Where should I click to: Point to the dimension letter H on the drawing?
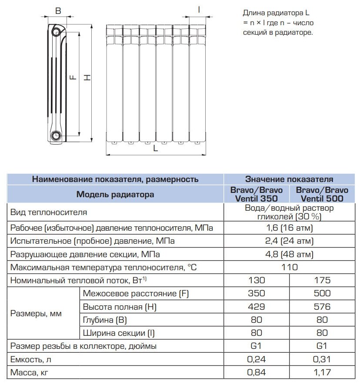87,77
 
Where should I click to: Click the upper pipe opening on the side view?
57,31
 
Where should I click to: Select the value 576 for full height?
322,307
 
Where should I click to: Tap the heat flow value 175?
322,280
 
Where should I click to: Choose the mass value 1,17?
322,372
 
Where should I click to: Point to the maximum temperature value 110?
290,267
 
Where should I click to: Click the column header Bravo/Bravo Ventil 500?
322,194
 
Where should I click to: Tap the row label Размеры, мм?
36,313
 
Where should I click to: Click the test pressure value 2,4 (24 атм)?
290,241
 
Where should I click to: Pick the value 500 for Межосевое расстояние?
322,293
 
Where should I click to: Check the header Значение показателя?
290,179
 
